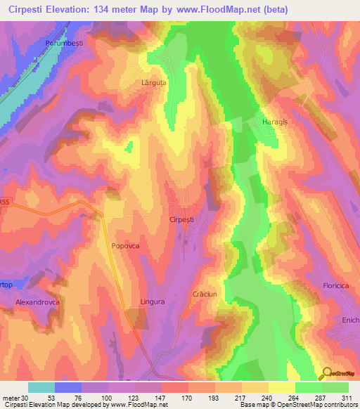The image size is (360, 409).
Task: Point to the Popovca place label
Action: (x=127, y=246)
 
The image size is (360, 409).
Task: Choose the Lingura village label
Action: (x=152, y=301)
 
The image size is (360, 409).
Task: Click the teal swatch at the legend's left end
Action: (x=41, y=387)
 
